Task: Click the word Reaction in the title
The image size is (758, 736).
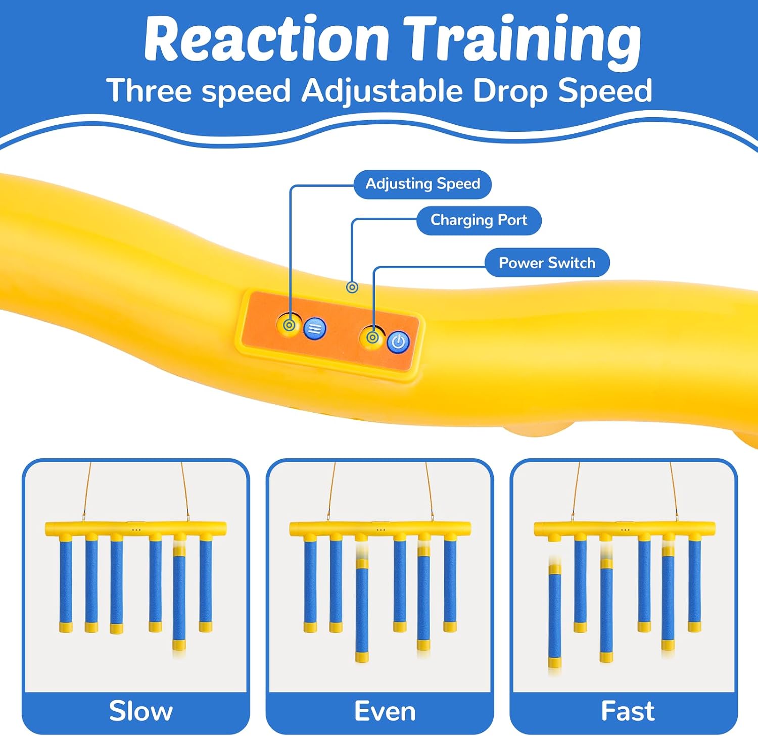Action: coord(266,38)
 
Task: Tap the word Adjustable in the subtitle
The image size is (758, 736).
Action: coord(382,91)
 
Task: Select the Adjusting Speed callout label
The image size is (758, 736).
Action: coord(422,184)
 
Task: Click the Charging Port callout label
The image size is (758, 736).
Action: coord(479,220)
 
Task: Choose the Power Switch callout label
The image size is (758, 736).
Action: coord(547,263)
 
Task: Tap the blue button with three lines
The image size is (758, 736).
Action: coord(315,329)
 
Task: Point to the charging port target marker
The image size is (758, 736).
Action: coord(352,287)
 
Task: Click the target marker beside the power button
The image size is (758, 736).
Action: coord(373,337)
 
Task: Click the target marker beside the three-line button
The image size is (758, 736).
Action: coord(290,325)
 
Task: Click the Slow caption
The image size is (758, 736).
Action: coord(141,711)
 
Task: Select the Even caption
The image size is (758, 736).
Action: coord(385,711)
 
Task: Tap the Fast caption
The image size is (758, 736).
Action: coord(628,711)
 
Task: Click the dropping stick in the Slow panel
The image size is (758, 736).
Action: coord(179,599)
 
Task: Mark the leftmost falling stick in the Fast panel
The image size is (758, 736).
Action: coord(555,616)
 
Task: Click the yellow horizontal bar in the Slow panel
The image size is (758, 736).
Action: coord(135,529)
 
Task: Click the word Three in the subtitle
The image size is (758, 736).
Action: coord(150,90)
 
